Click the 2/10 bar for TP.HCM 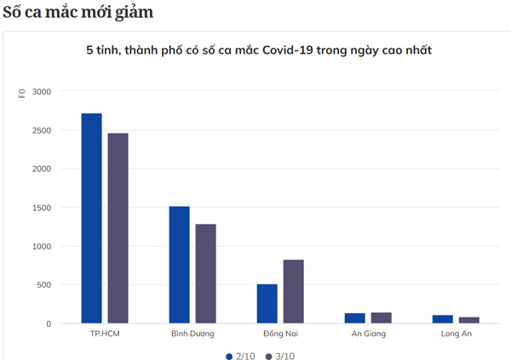(91, 219)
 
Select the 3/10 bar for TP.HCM (118, 228)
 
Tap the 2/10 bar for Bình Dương (179, 265)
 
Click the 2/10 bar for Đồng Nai (267, 304)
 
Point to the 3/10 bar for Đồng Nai (293, 292)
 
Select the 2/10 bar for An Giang (354, 318)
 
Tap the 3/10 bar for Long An (468, 320)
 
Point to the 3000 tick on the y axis (42, 92)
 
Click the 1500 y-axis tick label (42, 208)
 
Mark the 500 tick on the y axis (44, 285)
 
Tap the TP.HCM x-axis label (105, 334)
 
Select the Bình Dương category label (192, 334)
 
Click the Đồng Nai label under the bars (280, 334)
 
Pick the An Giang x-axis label (368, 334)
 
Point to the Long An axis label (456, 334)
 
